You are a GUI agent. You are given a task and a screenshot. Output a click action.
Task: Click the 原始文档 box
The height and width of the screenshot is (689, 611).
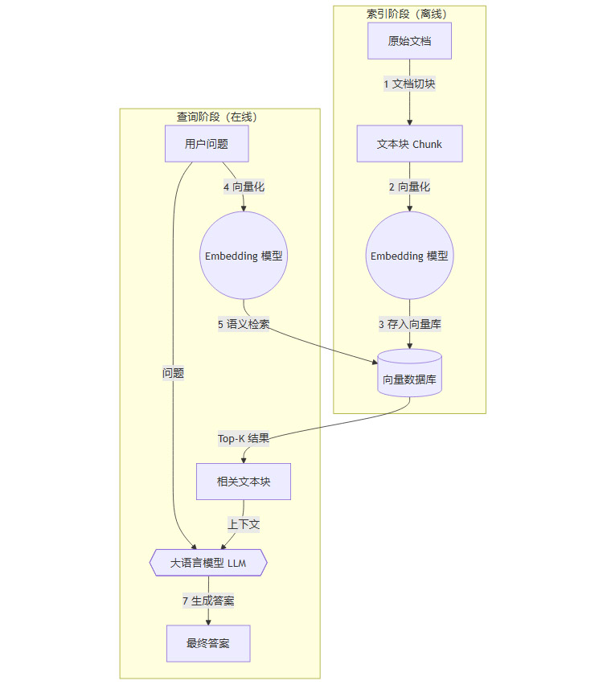(x=409, y=41)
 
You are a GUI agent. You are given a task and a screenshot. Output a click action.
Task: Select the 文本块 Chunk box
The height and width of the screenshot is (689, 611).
(x=409, y=144)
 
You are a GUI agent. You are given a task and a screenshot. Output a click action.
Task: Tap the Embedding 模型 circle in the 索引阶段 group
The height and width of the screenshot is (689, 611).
(x=409, y=256)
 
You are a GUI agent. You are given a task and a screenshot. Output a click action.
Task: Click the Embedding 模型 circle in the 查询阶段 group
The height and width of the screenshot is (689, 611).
(x=244, y=256)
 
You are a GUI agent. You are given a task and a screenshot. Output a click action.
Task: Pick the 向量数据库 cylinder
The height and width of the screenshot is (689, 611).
(x=409, y=375)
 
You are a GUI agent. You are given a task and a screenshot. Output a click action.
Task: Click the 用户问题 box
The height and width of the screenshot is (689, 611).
(x=207, y=144)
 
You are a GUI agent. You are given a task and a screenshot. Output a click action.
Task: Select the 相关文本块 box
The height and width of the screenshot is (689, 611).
(x=244, y=482)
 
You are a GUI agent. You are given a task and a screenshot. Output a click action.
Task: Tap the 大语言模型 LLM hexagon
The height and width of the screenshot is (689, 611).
(x=208, y=563)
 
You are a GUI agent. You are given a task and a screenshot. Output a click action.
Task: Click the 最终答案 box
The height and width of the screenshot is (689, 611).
(x=208, y=643)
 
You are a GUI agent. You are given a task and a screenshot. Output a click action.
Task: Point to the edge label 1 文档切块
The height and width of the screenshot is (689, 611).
(x=409, y=84)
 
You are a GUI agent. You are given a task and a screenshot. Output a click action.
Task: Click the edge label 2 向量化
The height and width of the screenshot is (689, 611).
(x=409, y=187)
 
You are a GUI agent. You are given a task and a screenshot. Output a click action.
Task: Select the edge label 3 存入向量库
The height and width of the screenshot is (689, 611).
(x=409, y=324)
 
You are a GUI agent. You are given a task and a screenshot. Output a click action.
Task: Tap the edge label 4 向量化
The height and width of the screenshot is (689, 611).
(x=244, y=187)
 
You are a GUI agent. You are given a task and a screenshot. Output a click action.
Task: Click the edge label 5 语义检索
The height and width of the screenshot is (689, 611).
(x=244, y=324)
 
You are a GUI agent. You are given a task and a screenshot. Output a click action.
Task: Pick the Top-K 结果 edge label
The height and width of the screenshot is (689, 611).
(x=244, y=438)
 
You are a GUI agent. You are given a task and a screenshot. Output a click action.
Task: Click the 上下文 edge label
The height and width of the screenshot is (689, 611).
(x=244, y=523)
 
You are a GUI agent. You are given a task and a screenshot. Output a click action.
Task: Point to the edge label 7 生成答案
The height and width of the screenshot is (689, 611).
(x=208, y=601)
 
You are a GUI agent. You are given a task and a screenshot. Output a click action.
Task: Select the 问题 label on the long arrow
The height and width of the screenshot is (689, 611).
(x=173, y=372)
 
